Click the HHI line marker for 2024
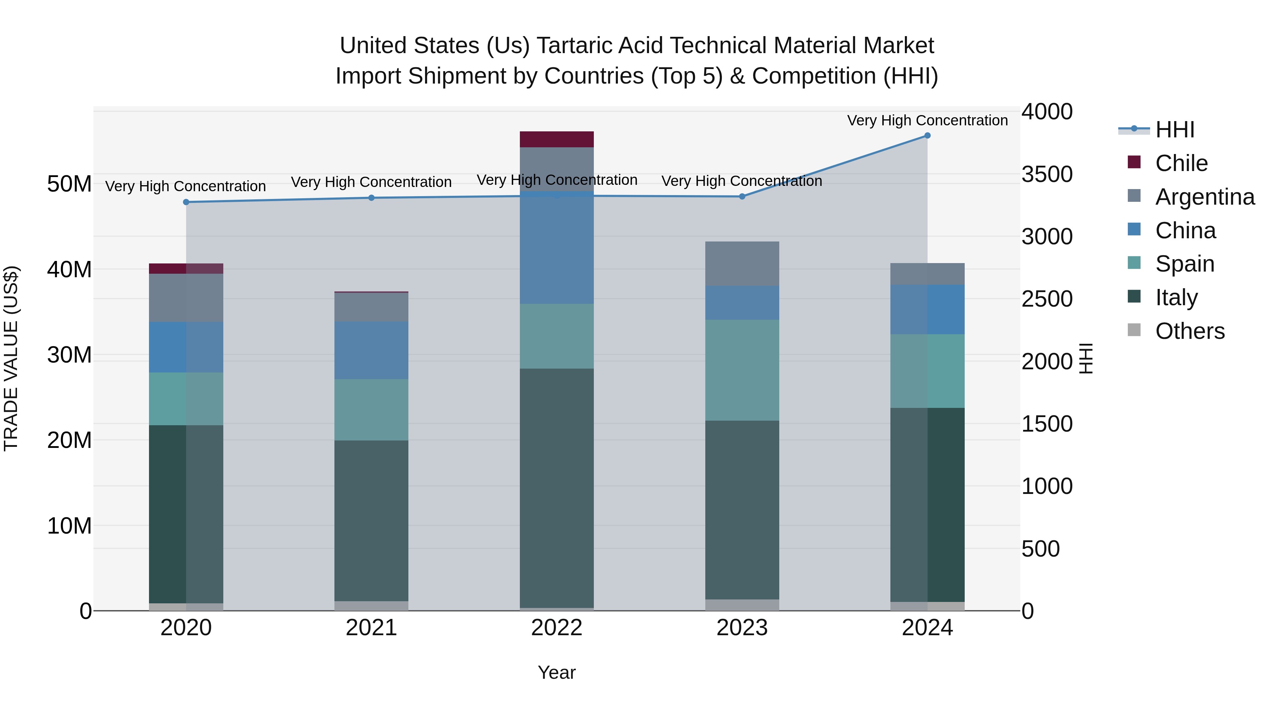[927, 136]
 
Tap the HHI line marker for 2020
[186, 202]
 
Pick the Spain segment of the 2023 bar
[742, 370]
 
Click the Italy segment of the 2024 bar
[927, 505]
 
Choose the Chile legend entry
[1181, 163]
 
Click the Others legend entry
[1189, 331]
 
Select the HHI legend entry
[1175, 130]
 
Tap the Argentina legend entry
[1204, 197]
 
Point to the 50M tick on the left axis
[69, 184]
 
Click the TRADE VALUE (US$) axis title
[11, 358]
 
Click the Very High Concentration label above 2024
[927, 120]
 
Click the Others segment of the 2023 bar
[742, 605]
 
